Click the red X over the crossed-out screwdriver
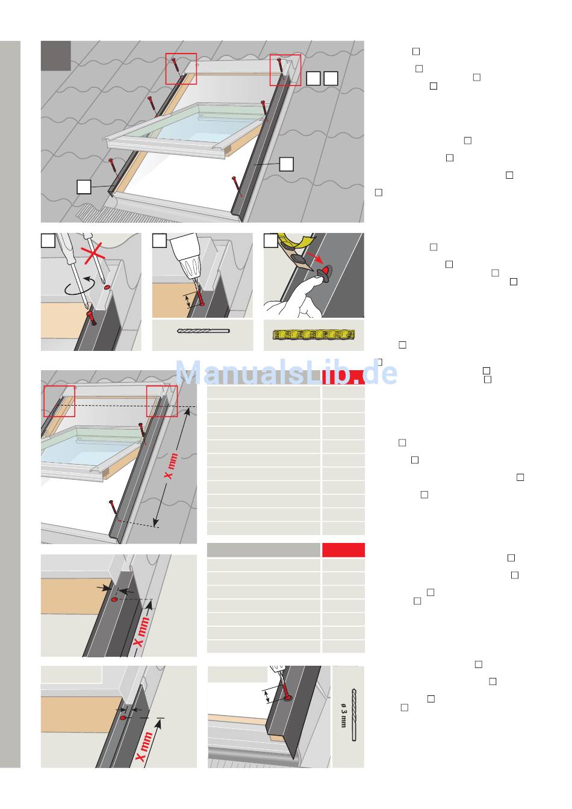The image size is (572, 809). [x=93, y=253]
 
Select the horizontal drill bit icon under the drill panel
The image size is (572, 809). [x=204, y=331]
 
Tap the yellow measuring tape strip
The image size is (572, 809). [x=314, y=335]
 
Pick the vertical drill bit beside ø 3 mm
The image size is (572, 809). [x=354, y=714]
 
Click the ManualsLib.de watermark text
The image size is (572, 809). [x=286, y=373]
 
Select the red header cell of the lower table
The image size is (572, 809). [x=343, y=550]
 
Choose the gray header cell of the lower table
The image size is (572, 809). [x=263, y=550]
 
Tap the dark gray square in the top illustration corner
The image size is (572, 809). [x=55, y=55]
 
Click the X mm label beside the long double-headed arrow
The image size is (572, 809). [x=171, y=466]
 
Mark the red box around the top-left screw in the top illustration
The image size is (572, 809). [x=181, y=69]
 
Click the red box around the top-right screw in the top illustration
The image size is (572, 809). [x=285, y=70]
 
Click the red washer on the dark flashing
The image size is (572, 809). [x=327, y=270]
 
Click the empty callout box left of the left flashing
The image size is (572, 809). [x=84, y=187]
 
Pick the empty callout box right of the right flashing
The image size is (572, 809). [x=286, y=164]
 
